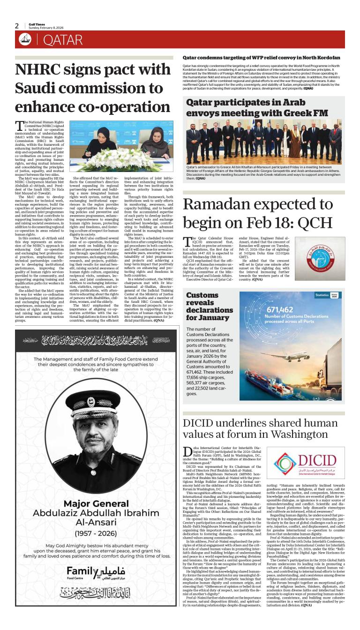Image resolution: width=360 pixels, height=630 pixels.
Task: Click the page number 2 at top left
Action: point(17,26)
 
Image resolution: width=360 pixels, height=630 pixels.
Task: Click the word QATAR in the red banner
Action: point(63,40)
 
